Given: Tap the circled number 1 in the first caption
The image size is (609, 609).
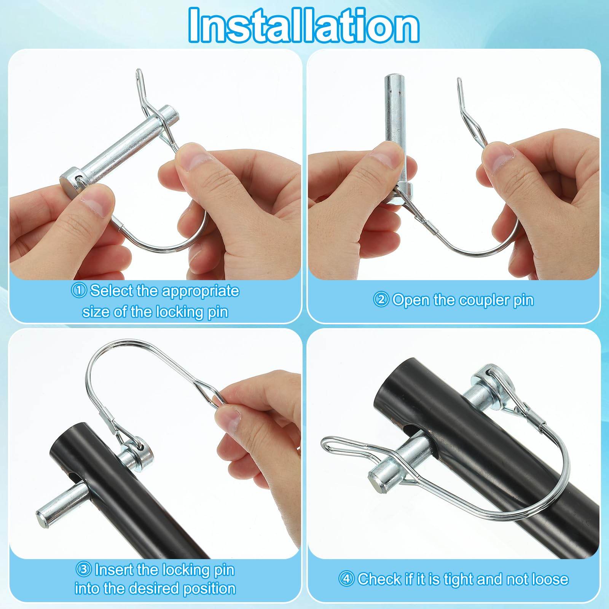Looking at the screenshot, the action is [79, 290].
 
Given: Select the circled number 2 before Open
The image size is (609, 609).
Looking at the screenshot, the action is [381, 300].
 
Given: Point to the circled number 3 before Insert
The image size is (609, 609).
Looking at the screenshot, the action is [83, 569].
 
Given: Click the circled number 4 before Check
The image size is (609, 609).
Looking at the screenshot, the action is [346, 579].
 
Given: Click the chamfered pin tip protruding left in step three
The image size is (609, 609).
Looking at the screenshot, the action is [43, 515].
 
